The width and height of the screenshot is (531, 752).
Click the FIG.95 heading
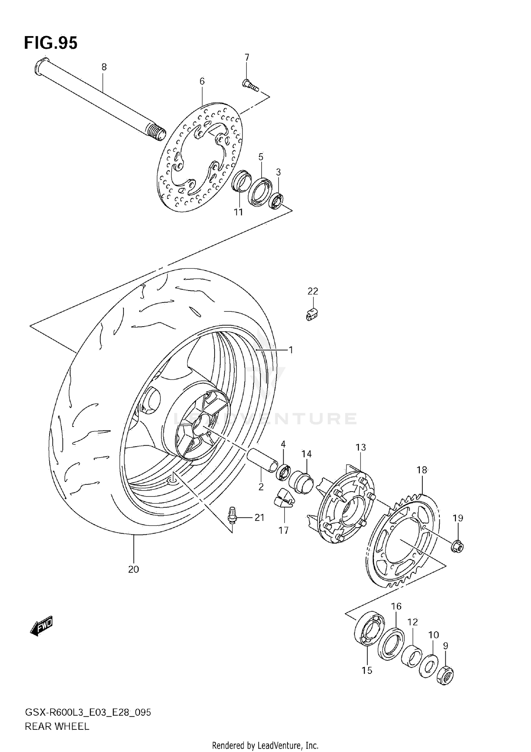pos(51,43)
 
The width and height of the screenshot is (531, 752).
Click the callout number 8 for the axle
pos(104,67)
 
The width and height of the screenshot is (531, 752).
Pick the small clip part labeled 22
pos(312,314)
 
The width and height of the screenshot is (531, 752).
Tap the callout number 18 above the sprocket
pos(422,470)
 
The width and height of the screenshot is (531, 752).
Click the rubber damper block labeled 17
pos(283,499)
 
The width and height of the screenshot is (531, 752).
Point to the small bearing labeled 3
pos(276,201)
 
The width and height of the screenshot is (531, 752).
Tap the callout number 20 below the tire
pos(133,569)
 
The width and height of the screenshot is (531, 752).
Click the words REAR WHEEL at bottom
pos(57,726)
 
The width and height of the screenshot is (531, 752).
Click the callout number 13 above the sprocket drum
pos(360,447)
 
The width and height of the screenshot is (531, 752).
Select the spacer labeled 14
pos(301,481)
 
